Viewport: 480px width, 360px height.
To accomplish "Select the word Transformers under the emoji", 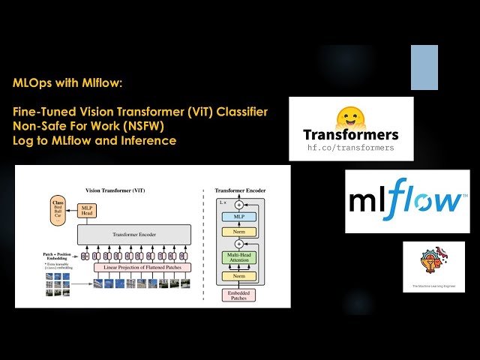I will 351,136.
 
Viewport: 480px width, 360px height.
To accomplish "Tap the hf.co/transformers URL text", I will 351,148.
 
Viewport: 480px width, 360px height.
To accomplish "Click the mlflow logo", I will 407,201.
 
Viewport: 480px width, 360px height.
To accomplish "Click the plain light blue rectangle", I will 424,67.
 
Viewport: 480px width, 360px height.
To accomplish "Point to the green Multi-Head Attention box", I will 239,258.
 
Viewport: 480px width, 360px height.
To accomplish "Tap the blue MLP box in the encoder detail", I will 239,217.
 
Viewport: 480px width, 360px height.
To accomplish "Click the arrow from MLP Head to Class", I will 73,211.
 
